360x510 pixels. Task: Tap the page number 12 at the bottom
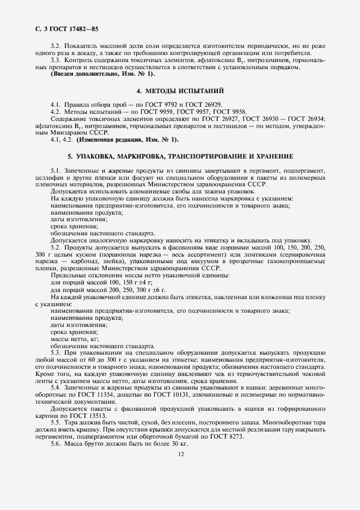(x=180, y=453)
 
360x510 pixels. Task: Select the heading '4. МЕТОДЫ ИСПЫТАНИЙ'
(x=180, y=90)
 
